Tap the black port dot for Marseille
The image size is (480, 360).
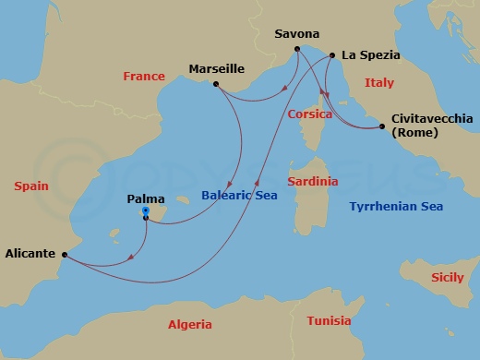[x=215, y=85]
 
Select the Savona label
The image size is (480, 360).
[x=297, y=35]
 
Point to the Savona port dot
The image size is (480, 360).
[x=296, y=49]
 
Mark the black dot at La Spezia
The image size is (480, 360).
[x=330, y=56]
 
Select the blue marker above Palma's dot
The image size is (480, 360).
[x=146, y=211]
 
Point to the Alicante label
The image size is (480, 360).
[x=31, y=251]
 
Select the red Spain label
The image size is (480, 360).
[x=31, y=186]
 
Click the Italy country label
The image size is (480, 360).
[x=378, y=83]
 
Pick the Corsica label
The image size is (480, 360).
[x=310, y=114]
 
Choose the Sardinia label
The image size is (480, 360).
[x=312, y=182]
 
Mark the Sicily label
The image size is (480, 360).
[x=450, y=277]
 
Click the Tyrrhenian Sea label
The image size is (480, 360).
[x=396, y=206]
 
